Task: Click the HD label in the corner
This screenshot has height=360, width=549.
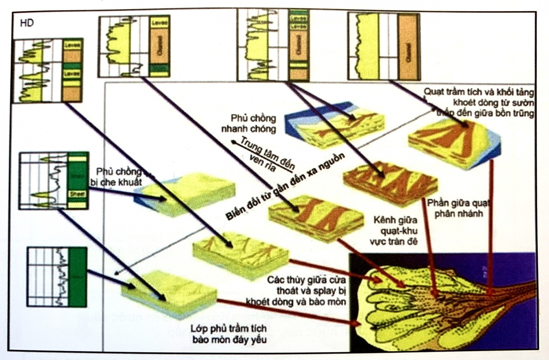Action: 27,23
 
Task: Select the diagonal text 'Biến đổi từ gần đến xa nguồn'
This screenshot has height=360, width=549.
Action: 285,187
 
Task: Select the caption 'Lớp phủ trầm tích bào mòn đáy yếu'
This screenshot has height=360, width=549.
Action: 228,334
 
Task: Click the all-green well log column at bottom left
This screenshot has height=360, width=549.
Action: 77,277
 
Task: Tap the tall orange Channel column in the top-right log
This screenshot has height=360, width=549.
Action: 408,47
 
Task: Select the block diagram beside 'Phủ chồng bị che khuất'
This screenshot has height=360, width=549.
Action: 187,194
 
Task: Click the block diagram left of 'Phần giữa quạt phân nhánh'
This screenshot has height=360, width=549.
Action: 390,183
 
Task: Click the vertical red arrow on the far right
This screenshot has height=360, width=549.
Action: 491,227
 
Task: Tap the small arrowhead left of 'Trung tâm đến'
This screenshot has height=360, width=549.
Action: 233,141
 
